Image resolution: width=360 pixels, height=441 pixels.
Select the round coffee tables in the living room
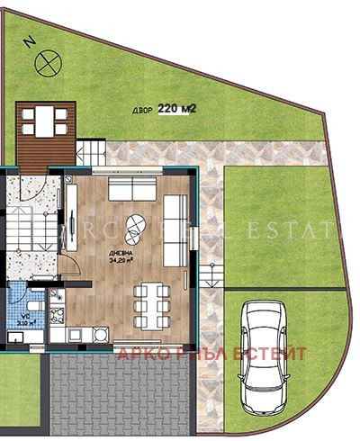(x=135, y=229)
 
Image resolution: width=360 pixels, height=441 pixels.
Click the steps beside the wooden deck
(x=89, y=149)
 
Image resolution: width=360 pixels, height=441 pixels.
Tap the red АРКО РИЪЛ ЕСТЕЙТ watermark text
(x=211, y=353)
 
